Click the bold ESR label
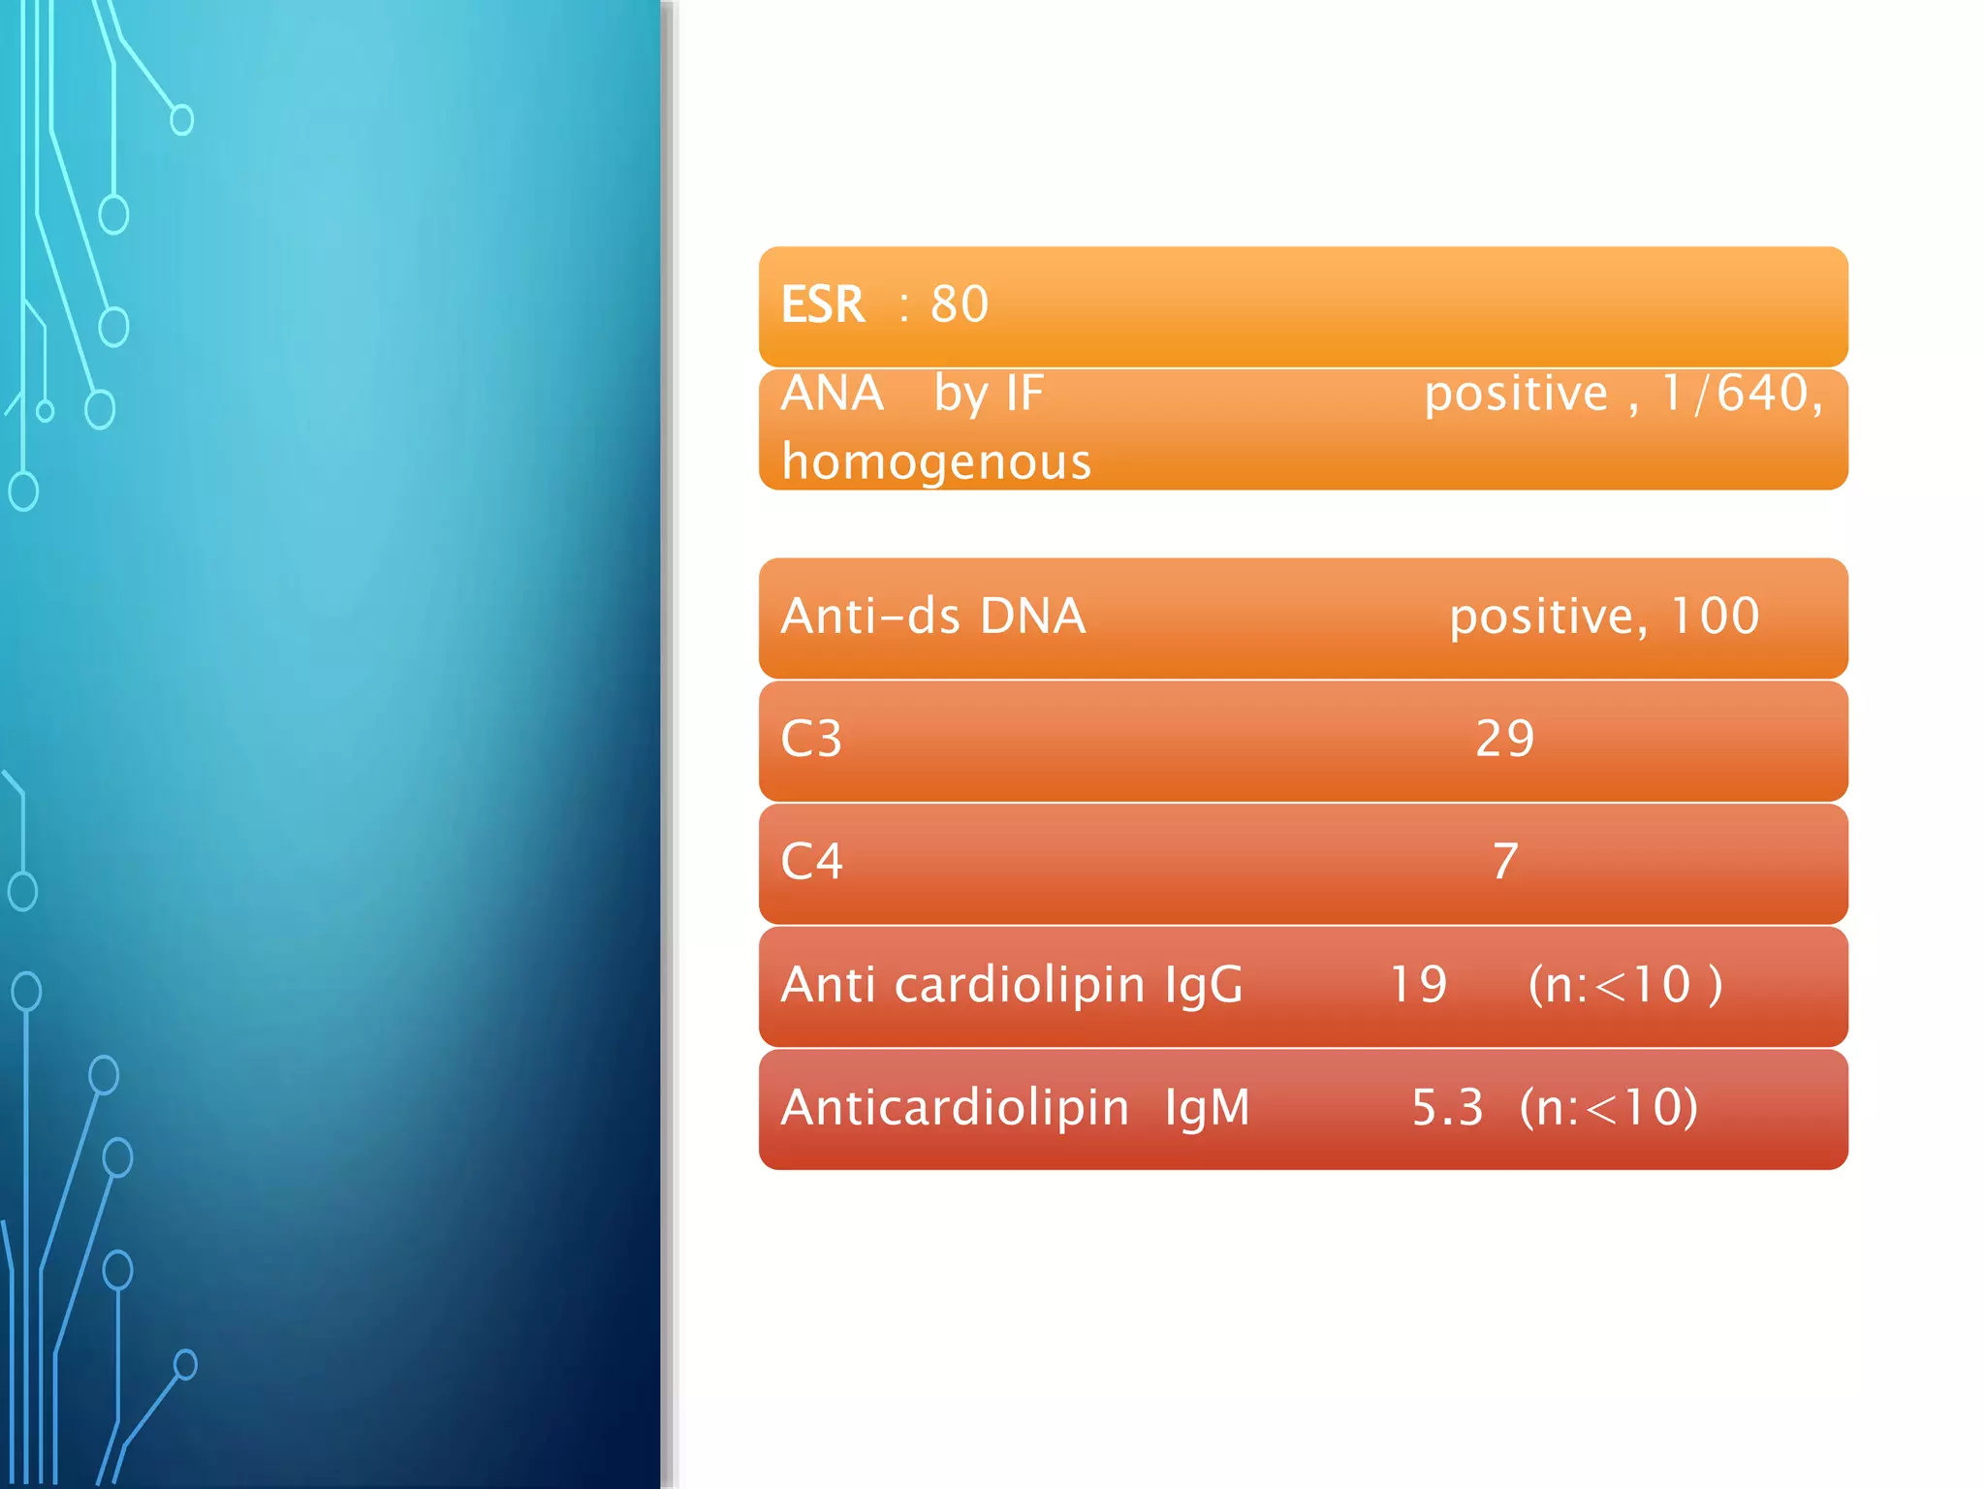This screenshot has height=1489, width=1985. [822, 304]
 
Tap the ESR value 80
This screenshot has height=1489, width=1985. [960, 304]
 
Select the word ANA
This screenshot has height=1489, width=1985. [832, 394]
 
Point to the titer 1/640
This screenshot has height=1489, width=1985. [1734, 394]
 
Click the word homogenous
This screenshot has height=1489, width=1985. [936, 461]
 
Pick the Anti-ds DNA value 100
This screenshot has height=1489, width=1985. [1715, 616]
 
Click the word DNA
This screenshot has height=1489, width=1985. [1032, 616]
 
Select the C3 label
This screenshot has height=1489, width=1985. [811, 739]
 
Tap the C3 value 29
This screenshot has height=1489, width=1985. [1504, 739]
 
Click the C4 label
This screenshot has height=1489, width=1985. [811, 861]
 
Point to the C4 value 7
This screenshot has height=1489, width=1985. [1504, 861]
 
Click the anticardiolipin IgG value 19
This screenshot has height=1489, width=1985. [1418, 985]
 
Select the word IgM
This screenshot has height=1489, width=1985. [1207, 1107]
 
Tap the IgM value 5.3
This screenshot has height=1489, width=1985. [1447, 1107]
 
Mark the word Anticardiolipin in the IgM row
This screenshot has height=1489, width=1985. [955, 1107]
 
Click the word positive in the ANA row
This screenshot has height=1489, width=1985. [1516, 394]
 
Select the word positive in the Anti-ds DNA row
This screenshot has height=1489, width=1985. [1547, 616]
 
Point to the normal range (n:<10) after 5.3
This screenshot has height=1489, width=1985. [1609, 1107]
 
